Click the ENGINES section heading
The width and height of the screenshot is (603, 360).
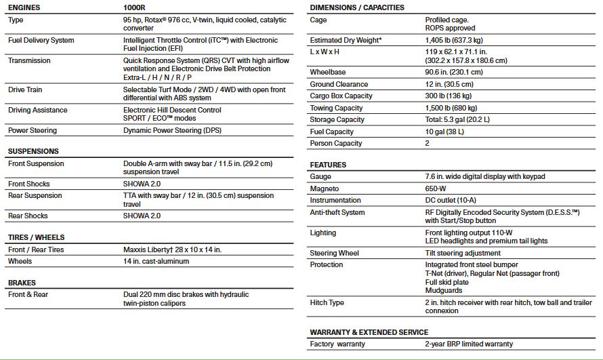point(24,7)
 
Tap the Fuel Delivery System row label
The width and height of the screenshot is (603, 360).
point(41,40)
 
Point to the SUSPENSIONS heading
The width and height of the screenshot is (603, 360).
point(33,151)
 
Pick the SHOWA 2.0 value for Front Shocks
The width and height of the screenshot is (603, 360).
point(142,184)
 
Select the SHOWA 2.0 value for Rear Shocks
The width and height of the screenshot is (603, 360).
point(142,216)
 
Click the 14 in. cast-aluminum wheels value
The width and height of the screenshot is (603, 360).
point(156,261)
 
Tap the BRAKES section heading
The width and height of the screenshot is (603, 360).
point(22,283)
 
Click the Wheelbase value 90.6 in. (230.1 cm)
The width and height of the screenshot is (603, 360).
point(454,72)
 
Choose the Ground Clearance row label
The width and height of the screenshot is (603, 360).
point(339,84)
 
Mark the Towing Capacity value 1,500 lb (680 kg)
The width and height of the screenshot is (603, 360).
point(451,108)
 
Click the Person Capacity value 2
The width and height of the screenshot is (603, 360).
point(428,143)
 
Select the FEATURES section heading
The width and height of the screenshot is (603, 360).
point(328,165)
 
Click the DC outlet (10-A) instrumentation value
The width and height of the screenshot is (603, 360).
point(451,201)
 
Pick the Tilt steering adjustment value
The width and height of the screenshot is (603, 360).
point(462,253)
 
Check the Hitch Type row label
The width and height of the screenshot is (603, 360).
point(327,302)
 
